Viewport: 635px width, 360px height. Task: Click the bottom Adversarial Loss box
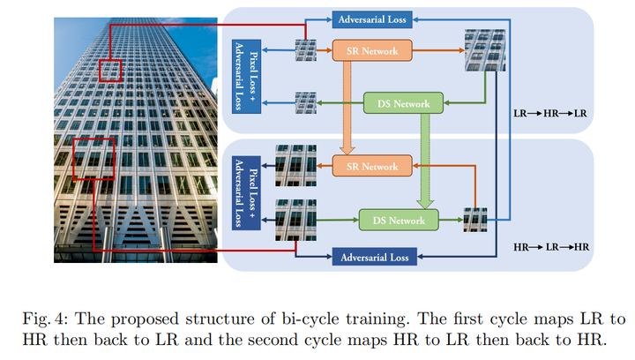coord(373,257)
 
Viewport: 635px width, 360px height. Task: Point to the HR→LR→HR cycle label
coord(550,247)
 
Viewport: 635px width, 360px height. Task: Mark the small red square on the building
coord(109,71)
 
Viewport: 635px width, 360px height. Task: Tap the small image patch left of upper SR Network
coord(305,50)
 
